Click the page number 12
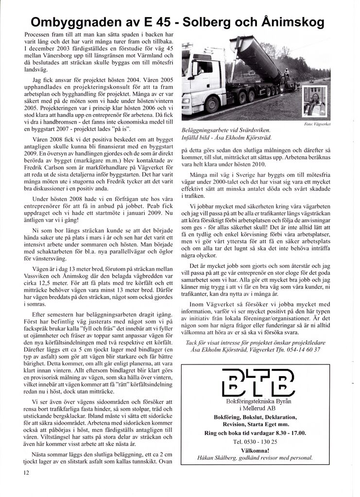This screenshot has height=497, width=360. pyautogui.click(x=26, y=472)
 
